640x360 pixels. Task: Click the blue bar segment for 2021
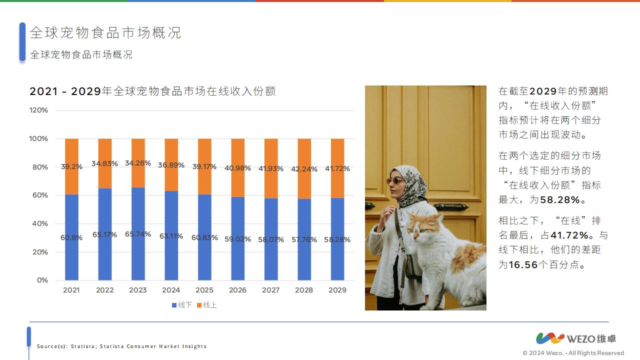click(71, 237)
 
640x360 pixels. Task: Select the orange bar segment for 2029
click(337, 168)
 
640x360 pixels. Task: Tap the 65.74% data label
click(138, 234)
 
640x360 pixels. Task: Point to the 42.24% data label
click(304, 169)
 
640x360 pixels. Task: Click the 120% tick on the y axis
click(38, 110)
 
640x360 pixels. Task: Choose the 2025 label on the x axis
click(204, 290)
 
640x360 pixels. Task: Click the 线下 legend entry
click(181, 305)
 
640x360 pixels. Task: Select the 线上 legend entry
click(207, 305)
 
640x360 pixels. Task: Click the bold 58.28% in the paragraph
click(559, 199)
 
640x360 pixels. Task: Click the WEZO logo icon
click(550, 338)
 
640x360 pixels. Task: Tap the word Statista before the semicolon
click(83, 346)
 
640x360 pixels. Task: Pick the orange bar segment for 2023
click(138, 163)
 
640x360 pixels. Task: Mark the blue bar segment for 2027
click(271, 239)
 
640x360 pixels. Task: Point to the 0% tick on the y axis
click(42, 280)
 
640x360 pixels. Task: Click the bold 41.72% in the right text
click(569, 235)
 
